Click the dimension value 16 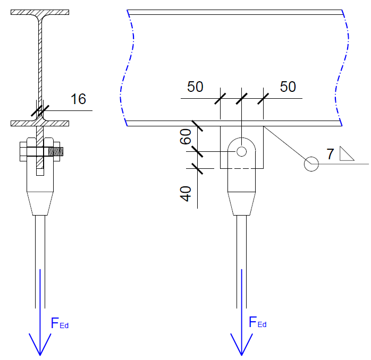78,99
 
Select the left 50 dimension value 195,87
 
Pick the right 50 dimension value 288,87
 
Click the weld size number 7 330,155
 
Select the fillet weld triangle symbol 347,153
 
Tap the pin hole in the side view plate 242,152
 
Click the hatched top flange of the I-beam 40,12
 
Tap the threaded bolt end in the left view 55,151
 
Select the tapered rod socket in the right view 242,203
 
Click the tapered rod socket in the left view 40,203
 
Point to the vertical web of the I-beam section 40,64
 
